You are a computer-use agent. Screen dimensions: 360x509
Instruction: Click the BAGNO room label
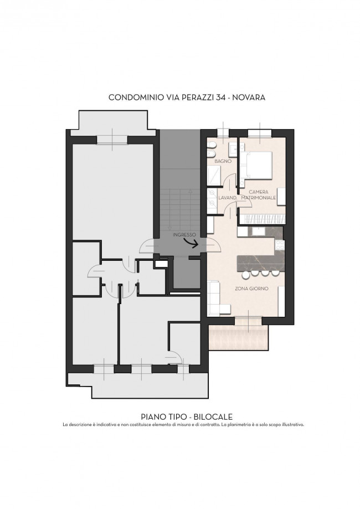coord(223,161)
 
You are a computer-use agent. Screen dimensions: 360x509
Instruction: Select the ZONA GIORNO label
coord(251,288)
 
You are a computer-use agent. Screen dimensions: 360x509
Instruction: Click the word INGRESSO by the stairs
coord(184,234)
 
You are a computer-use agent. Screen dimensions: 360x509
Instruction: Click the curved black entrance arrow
coord(192,243)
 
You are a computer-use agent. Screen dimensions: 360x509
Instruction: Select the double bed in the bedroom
coord(256,165)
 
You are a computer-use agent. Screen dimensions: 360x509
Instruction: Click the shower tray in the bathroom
coord(214,176)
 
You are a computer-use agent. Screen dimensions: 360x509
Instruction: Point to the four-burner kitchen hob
coord(280,245)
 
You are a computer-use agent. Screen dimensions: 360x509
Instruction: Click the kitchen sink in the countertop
coord(259,231)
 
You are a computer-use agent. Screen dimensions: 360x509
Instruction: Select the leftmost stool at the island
coord(246,275)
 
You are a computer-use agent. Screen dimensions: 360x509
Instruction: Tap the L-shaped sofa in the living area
coord(218,299)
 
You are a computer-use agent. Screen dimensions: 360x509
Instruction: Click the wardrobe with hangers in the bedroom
coord(263,219)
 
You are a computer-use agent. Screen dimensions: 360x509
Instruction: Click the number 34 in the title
coord(220,97)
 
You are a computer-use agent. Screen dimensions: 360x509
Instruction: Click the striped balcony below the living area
coord(239,338)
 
